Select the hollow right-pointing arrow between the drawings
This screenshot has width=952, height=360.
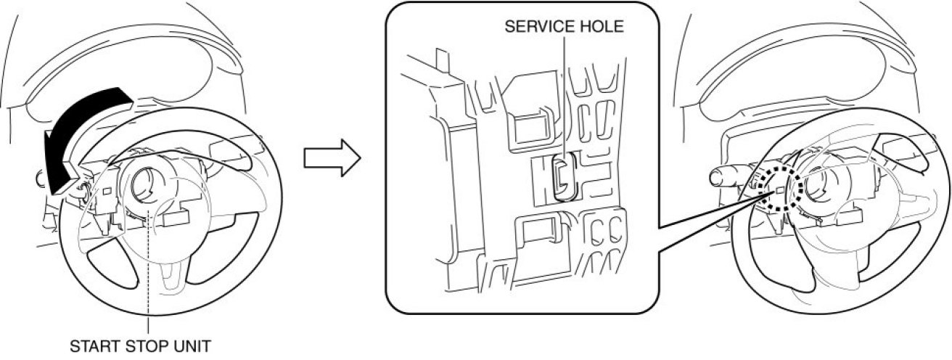click(x=331, y=159)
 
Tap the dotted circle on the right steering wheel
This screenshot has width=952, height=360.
click(x=778, y=192)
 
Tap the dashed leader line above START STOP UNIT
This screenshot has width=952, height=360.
click(x=148, y=276)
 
